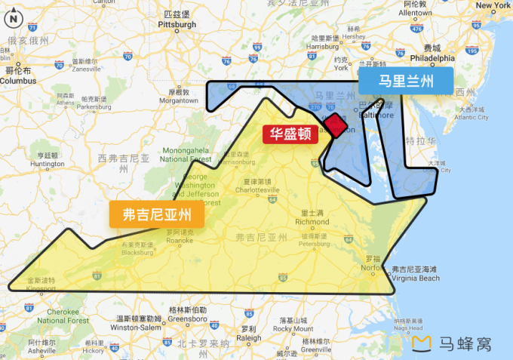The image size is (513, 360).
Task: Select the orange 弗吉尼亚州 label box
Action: click(157, 214)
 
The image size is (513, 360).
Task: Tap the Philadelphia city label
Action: click(432, 57)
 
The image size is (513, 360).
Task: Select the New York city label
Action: click(493, 5)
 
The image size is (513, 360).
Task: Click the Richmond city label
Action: click(312, 222)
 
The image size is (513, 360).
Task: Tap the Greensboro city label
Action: click(188, 318)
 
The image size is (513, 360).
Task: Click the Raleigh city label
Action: click(248, 338)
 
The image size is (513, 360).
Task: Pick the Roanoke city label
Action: click(179, 241)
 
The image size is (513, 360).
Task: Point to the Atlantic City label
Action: click(472, 117)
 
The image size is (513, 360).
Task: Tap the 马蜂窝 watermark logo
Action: click(453, 344)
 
